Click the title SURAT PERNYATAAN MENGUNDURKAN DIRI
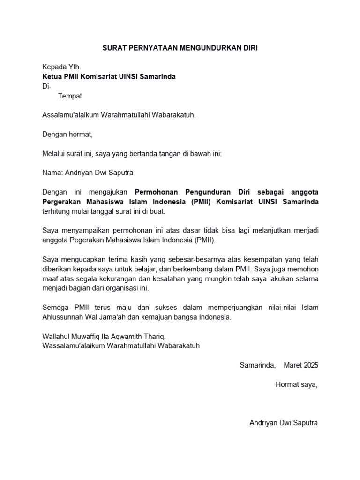180,48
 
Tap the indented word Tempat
70,96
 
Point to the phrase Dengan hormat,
68,135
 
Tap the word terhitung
57,211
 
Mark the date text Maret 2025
300,365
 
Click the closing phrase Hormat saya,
296,384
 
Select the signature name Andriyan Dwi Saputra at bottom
283,423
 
